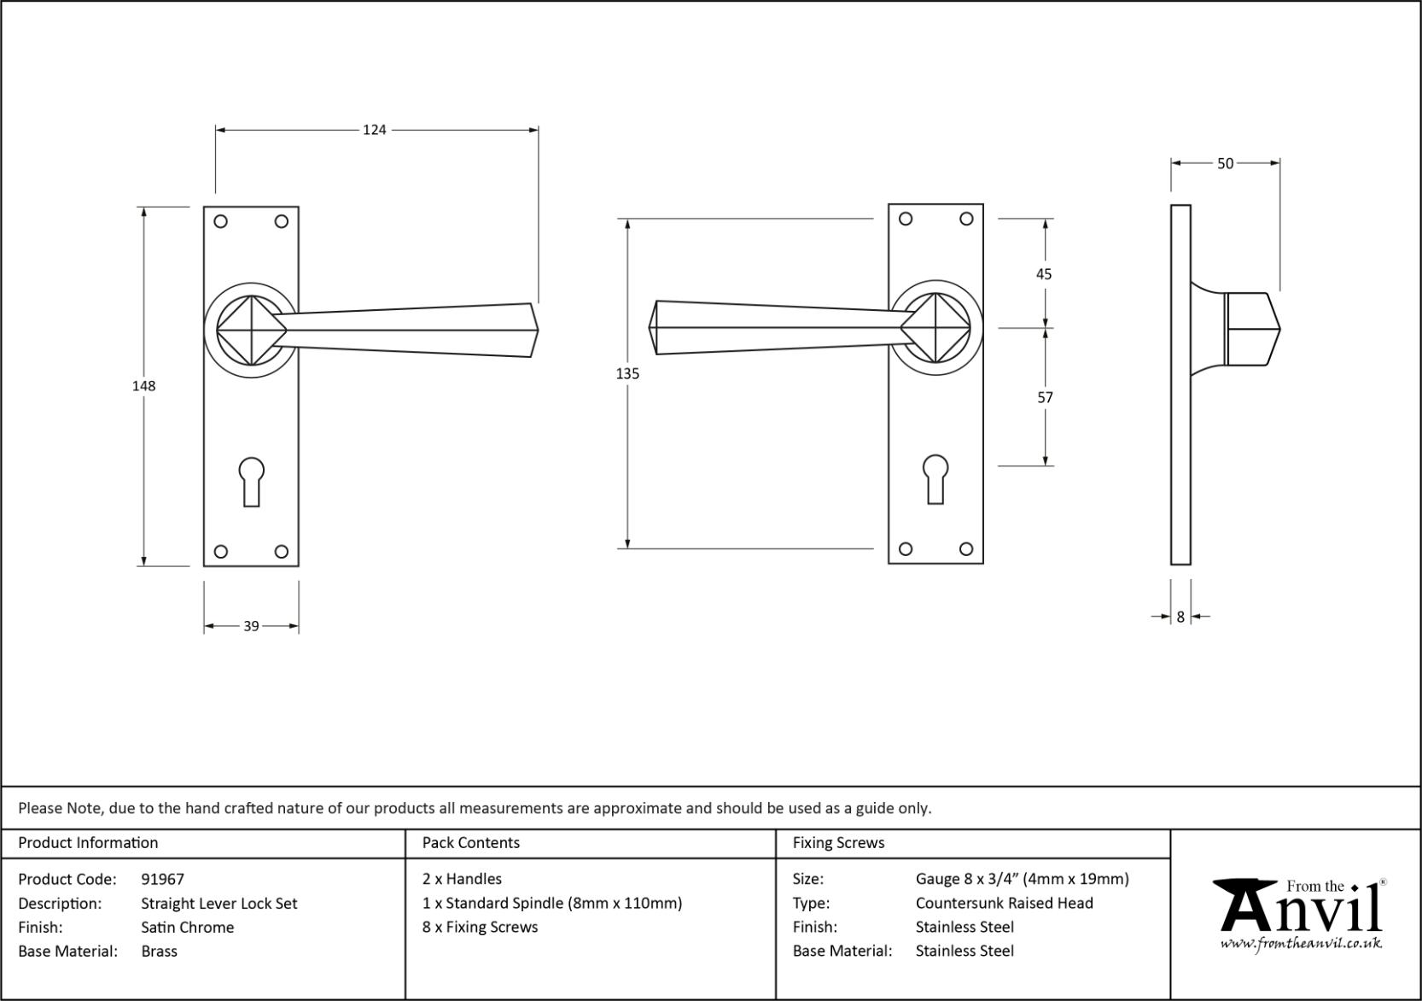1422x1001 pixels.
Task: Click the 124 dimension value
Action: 374,130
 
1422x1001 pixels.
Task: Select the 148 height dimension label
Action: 143,386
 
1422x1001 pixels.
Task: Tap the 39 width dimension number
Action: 252,626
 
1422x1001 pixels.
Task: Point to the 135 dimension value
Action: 627,374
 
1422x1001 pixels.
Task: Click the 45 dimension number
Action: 1044,274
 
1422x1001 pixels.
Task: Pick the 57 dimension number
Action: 1045,398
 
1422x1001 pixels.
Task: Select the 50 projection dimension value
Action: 1225,164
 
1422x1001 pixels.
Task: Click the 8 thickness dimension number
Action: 1180,617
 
